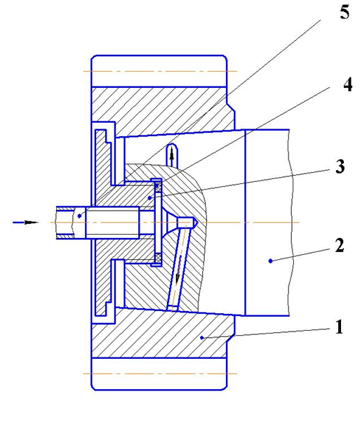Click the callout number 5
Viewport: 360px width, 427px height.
(x=345, y=12)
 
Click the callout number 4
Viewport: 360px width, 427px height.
(x=348, y=84)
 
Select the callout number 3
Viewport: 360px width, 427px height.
(x=340, y=166)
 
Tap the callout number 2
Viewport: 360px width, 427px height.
(x=340, y=245)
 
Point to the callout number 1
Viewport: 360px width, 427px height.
(x=339, y=327)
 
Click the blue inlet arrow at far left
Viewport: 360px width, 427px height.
(x=25, y=222)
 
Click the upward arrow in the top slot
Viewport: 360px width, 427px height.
(x=172, y=154)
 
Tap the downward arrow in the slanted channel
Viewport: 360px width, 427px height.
(x=178, y=272)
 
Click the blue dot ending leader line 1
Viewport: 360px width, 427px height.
(x=201, y=338)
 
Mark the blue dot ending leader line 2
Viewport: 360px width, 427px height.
(x=270, y=261)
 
